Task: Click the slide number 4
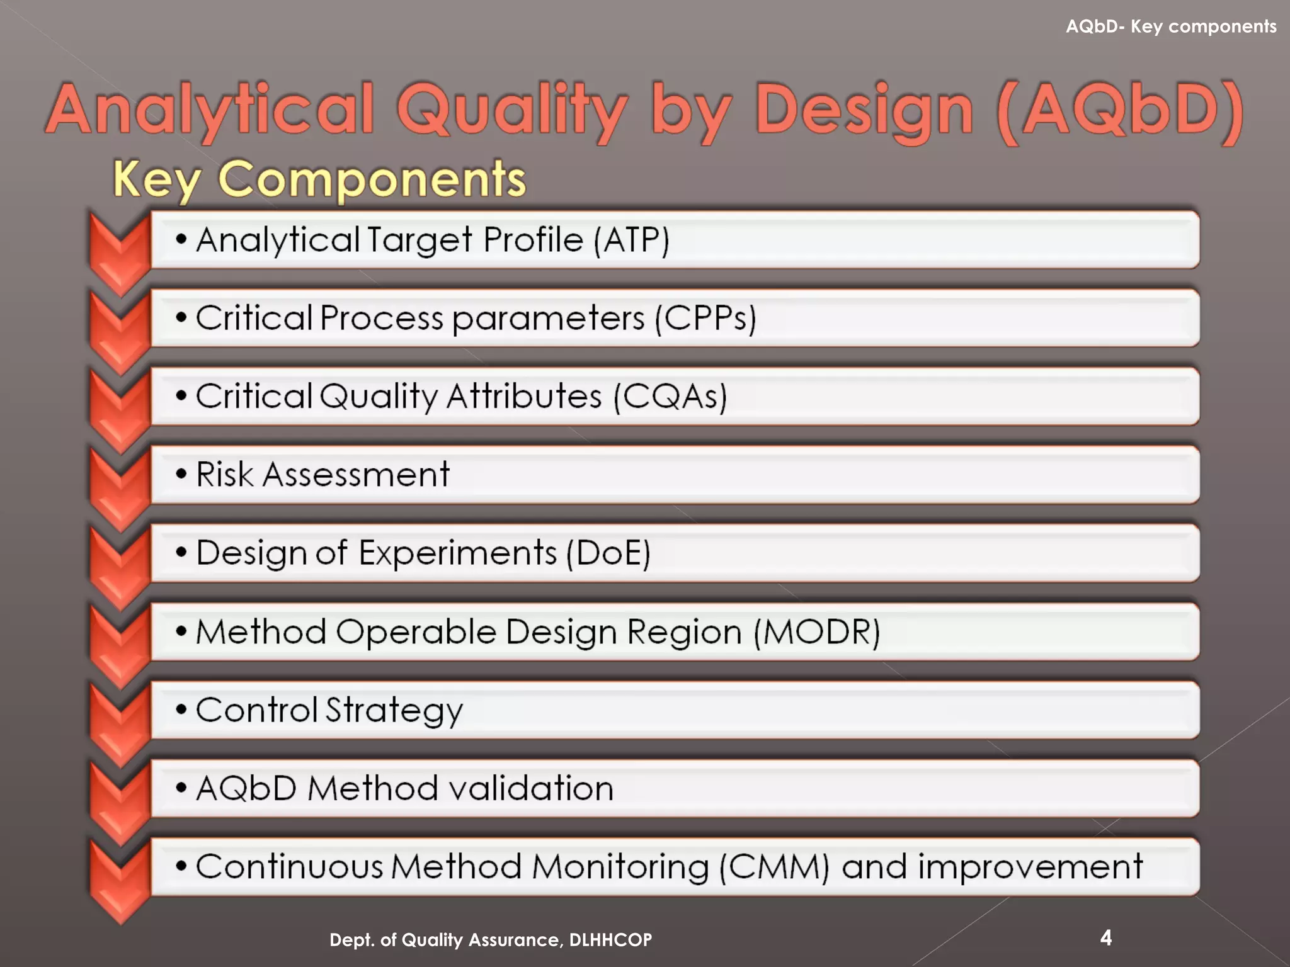(x=1106, y=938)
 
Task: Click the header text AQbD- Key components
(x=1171, y=26)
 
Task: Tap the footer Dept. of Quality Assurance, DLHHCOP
(x=491, y=940)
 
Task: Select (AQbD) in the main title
(x=1121, y=111)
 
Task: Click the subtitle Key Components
(x=319, y=179)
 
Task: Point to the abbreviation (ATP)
(x=631, y=240)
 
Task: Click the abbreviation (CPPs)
(x=705, y=318)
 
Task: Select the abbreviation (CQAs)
(x=670, y=397)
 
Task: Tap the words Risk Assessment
(x=322, y=474)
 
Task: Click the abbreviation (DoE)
(x=608, y=553)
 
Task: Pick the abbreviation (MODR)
(x=816, y=631)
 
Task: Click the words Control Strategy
(x=329, y=710)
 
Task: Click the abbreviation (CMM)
(x=774, y=867)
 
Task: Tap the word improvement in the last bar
(x=1030, y=867)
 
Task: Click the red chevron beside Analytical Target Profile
(x=119, y=249)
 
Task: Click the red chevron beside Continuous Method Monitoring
(x=119, y=878)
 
